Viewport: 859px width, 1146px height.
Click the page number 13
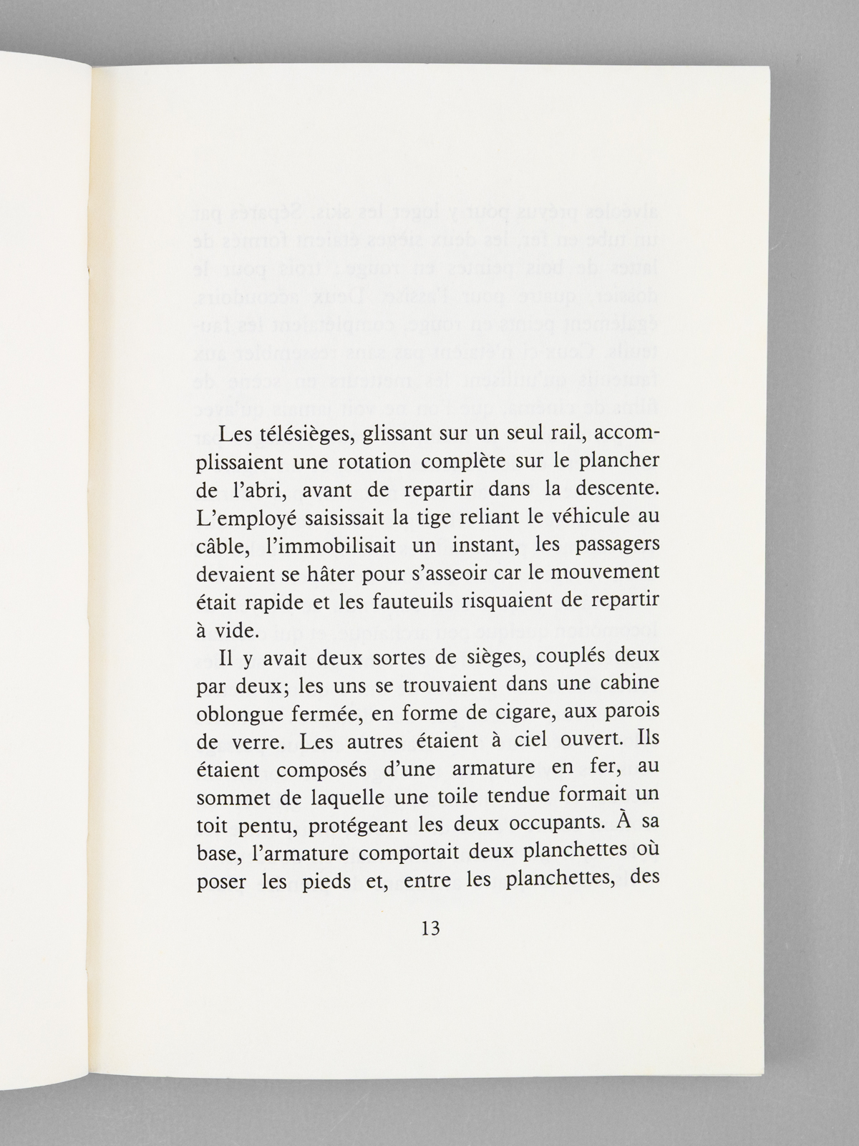tap(430, 929)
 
